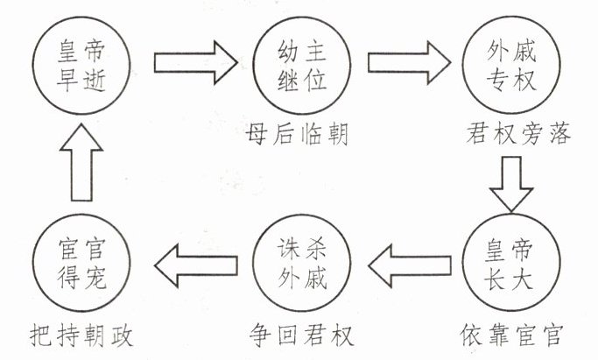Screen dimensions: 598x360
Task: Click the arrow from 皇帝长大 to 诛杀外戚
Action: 405,260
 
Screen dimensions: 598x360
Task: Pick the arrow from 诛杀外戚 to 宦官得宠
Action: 194,260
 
